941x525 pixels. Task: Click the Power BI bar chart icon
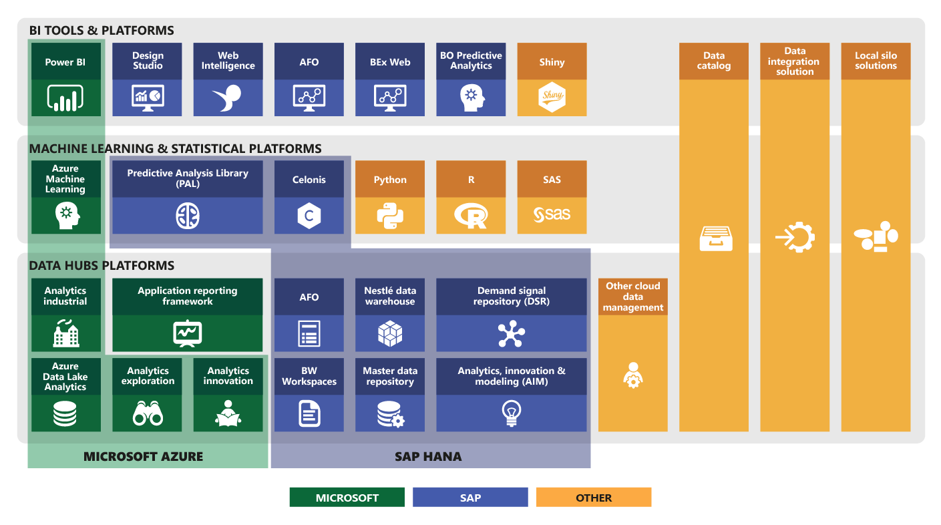[65, 98]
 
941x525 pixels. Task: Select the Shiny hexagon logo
[552, 98]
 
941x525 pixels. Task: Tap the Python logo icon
[389, 215]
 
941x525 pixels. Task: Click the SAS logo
[552, 215]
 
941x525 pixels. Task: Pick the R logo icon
[471, 215]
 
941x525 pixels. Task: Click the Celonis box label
[309, 180]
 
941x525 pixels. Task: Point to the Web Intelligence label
[228, 61]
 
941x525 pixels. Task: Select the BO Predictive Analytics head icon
[471, 98]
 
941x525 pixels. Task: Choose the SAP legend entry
[470, 498]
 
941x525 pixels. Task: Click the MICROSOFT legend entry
[347, 498]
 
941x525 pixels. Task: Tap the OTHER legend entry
[593, 498]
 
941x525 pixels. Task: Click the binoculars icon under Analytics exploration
[148, 414]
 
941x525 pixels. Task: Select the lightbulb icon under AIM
[511, 413]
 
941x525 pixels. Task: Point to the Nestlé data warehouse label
[389, 296]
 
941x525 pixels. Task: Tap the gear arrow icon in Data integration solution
[795, 237]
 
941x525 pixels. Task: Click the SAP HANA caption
[428, 457]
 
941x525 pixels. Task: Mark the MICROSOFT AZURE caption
[143, 457]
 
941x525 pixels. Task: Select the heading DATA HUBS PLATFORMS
[102, 266]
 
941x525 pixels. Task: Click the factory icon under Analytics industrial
[65, 333]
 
